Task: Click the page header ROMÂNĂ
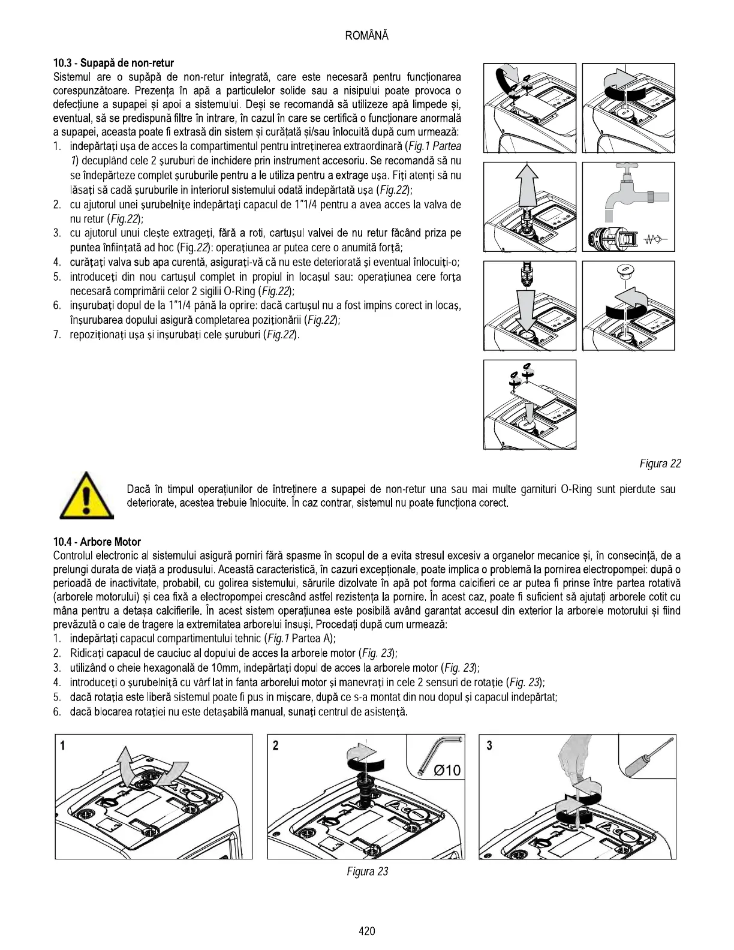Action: pos(367,35)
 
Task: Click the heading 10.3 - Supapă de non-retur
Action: pos(113,63)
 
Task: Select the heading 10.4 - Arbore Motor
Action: pos(97,542)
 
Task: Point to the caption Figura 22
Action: pos(660,464)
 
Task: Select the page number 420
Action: pos(367,931)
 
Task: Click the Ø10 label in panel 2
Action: pos(447,770)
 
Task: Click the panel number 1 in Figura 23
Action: pos(62,745)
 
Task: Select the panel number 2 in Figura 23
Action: pos(275,745)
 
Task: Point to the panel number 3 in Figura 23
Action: pos(489,745)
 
